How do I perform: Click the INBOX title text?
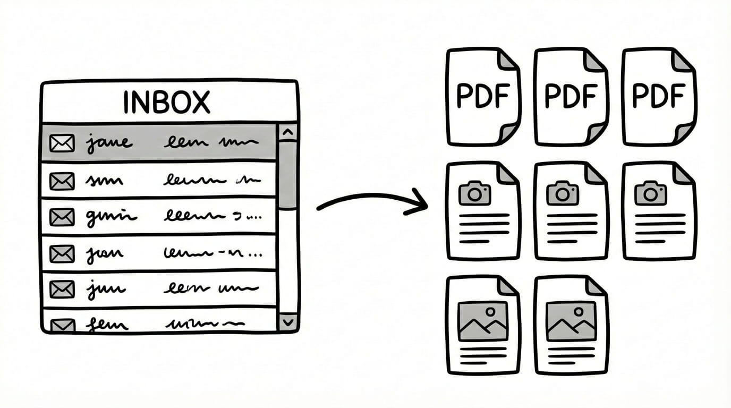[x=166, y=102]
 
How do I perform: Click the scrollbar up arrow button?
[x=288, y=132]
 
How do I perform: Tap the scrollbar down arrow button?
[x=288, y=321]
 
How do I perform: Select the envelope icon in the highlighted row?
[x=62, y=143]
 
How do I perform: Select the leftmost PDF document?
[x=483, y=97]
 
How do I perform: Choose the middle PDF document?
[x=571, y=97]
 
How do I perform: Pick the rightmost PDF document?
[x=658, y=97]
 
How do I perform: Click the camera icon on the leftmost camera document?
[x=474, y=193]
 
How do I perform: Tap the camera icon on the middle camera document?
[x=562, y=193]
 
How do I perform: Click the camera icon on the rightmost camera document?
[x=650, y=193]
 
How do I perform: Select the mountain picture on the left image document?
[x=482, y=321]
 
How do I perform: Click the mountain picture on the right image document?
[x=571, y=321]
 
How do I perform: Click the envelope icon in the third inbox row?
[x=62, y=217]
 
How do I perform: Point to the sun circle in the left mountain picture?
[x=490, y=311]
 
